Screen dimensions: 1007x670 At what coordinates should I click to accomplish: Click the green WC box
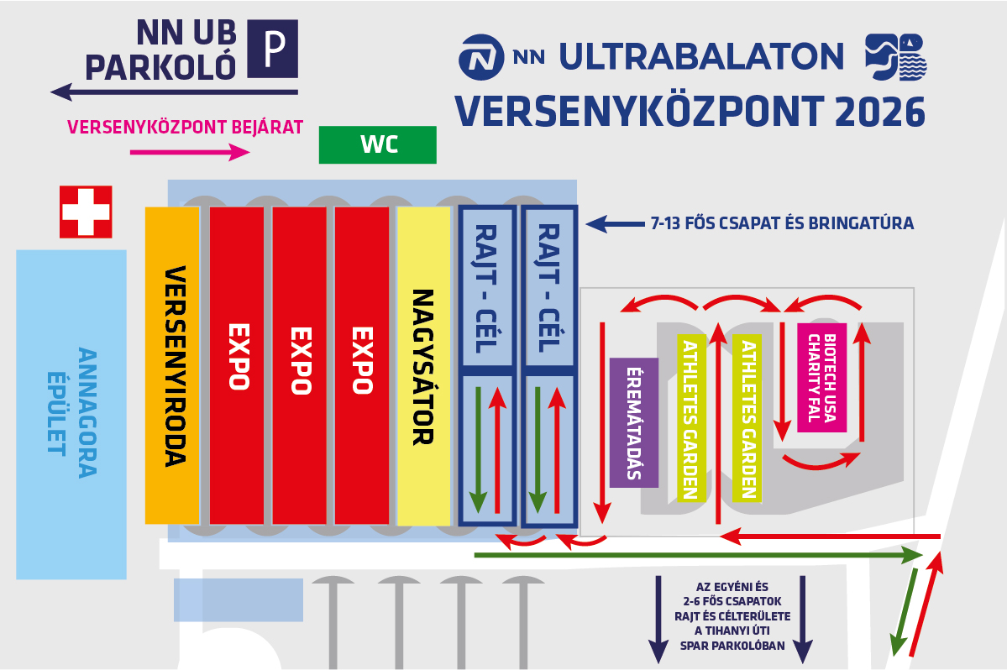coord(378,144)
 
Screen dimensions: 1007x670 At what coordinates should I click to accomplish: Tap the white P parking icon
coord(273,49)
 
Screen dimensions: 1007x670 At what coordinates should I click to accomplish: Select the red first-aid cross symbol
coord(86,212)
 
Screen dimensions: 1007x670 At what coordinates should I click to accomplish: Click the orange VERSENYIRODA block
coord(172,365)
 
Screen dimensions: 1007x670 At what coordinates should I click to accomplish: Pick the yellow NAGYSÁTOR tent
coord(424,366)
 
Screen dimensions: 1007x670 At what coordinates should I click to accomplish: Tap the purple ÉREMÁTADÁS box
coord(634,422)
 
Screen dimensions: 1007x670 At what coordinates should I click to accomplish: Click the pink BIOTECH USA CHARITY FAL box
coord(822,377)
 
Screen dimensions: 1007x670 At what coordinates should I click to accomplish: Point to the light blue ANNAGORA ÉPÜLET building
coord(71,415)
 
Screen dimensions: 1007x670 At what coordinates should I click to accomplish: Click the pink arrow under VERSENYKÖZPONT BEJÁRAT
coord(190,152)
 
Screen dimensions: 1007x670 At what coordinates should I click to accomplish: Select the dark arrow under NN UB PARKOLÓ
coord(174,92)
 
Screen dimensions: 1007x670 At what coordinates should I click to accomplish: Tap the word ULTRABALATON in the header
coord(701,56)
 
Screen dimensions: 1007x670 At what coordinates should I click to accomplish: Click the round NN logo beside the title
coord(480,57)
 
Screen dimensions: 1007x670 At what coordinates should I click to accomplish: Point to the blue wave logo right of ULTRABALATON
coord(896,56)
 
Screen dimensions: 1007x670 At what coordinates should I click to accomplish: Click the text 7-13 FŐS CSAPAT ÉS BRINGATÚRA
coord(782,223)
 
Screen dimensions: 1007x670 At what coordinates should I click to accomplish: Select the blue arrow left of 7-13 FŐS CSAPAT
coord(615,223)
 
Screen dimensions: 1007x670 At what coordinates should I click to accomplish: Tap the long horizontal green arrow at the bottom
coord(699,555)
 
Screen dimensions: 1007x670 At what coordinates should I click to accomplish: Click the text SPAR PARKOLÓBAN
coord(732,646)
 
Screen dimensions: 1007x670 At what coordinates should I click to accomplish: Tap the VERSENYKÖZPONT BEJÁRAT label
coord(185,127)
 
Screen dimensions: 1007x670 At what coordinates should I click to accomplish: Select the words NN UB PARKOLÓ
coord(160,50)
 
